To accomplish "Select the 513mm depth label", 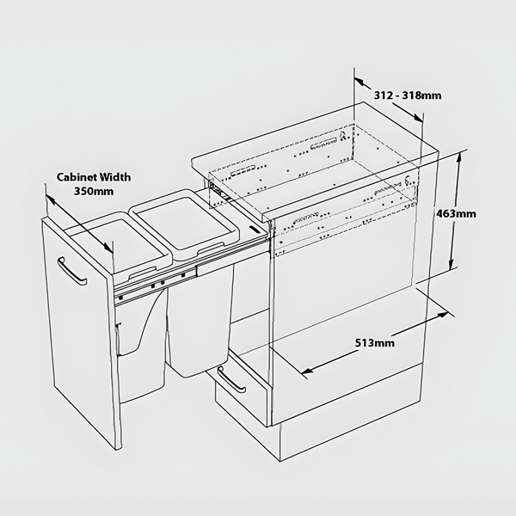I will click(x=375, y=343).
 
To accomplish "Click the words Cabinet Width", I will click(x=94, y=177).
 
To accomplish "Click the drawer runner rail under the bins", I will click(x=155, y=281).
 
